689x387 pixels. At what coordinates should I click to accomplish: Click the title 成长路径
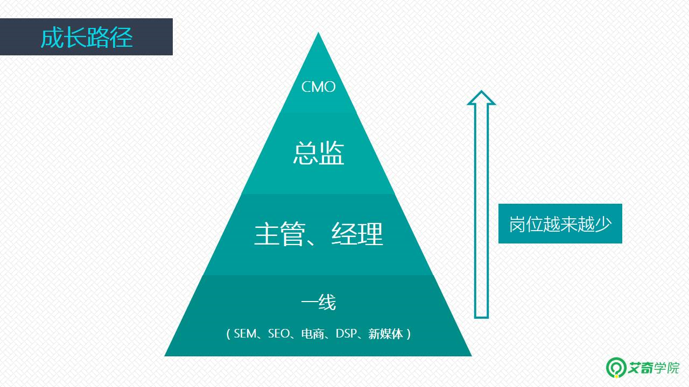[87, 38]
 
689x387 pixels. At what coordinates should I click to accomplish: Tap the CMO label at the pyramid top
[318, 87]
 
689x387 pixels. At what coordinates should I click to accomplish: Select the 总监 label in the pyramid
[318, 153]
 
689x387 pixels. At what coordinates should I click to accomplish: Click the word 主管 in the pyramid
[279, 234]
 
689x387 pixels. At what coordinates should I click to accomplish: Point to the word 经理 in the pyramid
[357, 234]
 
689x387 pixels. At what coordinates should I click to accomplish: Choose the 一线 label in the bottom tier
[318, 302]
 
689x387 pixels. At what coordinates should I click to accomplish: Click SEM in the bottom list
[245, 334]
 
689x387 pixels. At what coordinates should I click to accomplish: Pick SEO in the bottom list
[279, 334]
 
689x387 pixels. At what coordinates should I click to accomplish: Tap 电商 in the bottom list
[313, 334]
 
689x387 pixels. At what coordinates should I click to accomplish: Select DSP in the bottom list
[346, 334]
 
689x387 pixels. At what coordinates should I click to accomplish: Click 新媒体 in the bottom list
[386, 334]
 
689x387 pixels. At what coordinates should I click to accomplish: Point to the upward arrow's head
[481, 98]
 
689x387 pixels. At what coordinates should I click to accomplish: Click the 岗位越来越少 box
[560, 224]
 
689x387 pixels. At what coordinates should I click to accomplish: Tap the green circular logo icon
[616, 367]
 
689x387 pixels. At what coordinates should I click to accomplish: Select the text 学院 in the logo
[667, 368]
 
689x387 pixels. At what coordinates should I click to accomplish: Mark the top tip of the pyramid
[318, 32]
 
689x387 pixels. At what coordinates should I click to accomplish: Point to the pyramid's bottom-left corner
[165, 356]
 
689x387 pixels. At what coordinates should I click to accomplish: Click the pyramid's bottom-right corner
[472, 356]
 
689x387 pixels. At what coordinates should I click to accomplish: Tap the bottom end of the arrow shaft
[481, 318]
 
